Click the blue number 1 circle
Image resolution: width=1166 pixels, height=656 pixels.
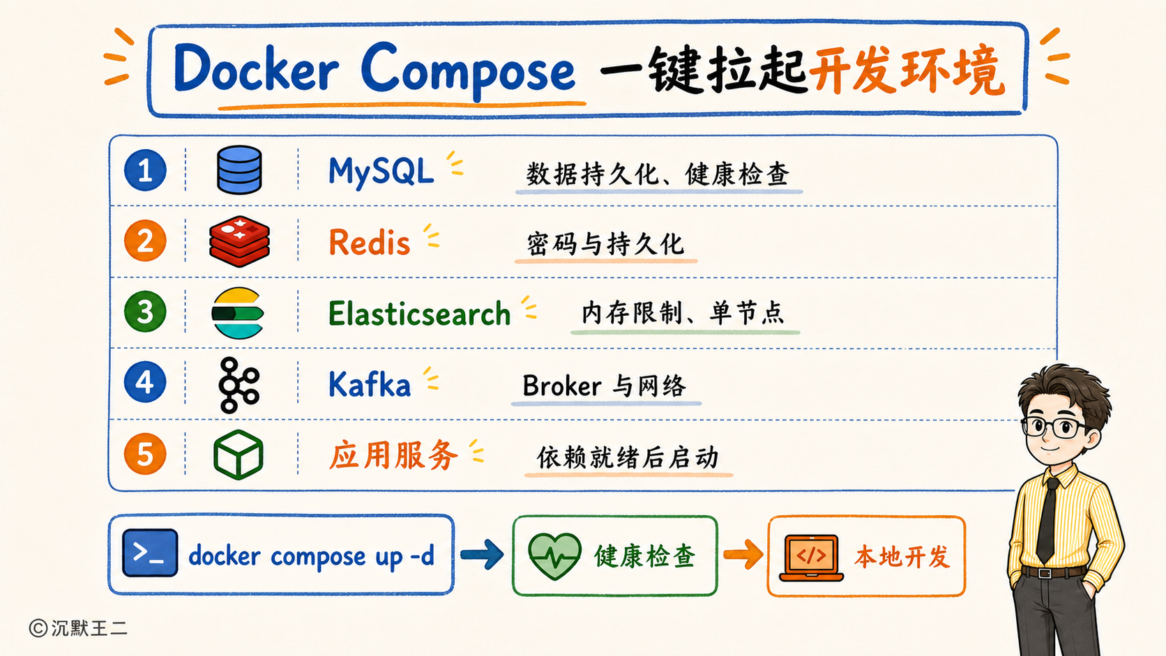tap(145, 170)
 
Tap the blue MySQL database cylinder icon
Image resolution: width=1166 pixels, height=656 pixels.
tap(239, 169)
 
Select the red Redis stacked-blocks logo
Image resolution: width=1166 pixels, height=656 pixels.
tap(239, 241)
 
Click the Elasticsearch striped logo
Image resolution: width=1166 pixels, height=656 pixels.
tap(238, 313)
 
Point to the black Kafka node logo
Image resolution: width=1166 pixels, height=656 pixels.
tap(239, 385)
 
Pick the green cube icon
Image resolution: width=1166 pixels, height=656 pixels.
tap(238, 455)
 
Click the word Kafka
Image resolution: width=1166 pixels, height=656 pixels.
tap(369, 385)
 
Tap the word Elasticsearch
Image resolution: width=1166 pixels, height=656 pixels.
tap(420, 314)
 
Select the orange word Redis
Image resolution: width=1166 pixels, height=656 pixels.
tap(370, 243)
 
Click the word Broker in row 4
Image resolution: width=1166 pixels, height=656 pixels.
tap(562, 386)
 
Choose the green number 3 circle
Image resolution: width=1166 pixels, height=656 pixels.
tap(145, 312)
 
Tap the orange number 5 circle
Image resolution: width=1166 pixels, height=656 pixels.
tap(145, 454)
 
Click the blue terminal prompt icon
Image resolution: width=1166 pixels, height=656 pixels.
tap(150, 553)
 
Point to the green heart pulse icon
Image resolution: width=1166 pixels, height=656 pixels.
tap(554, 556)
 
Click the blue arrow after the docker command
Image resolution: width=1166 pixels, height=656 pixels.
tap(482, 554)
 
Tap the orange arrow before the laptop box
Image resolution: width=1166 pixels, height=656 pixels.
tap(743, 554)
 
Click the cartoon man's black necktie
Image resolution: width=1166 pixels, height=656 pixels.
tap(1048, 520)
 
